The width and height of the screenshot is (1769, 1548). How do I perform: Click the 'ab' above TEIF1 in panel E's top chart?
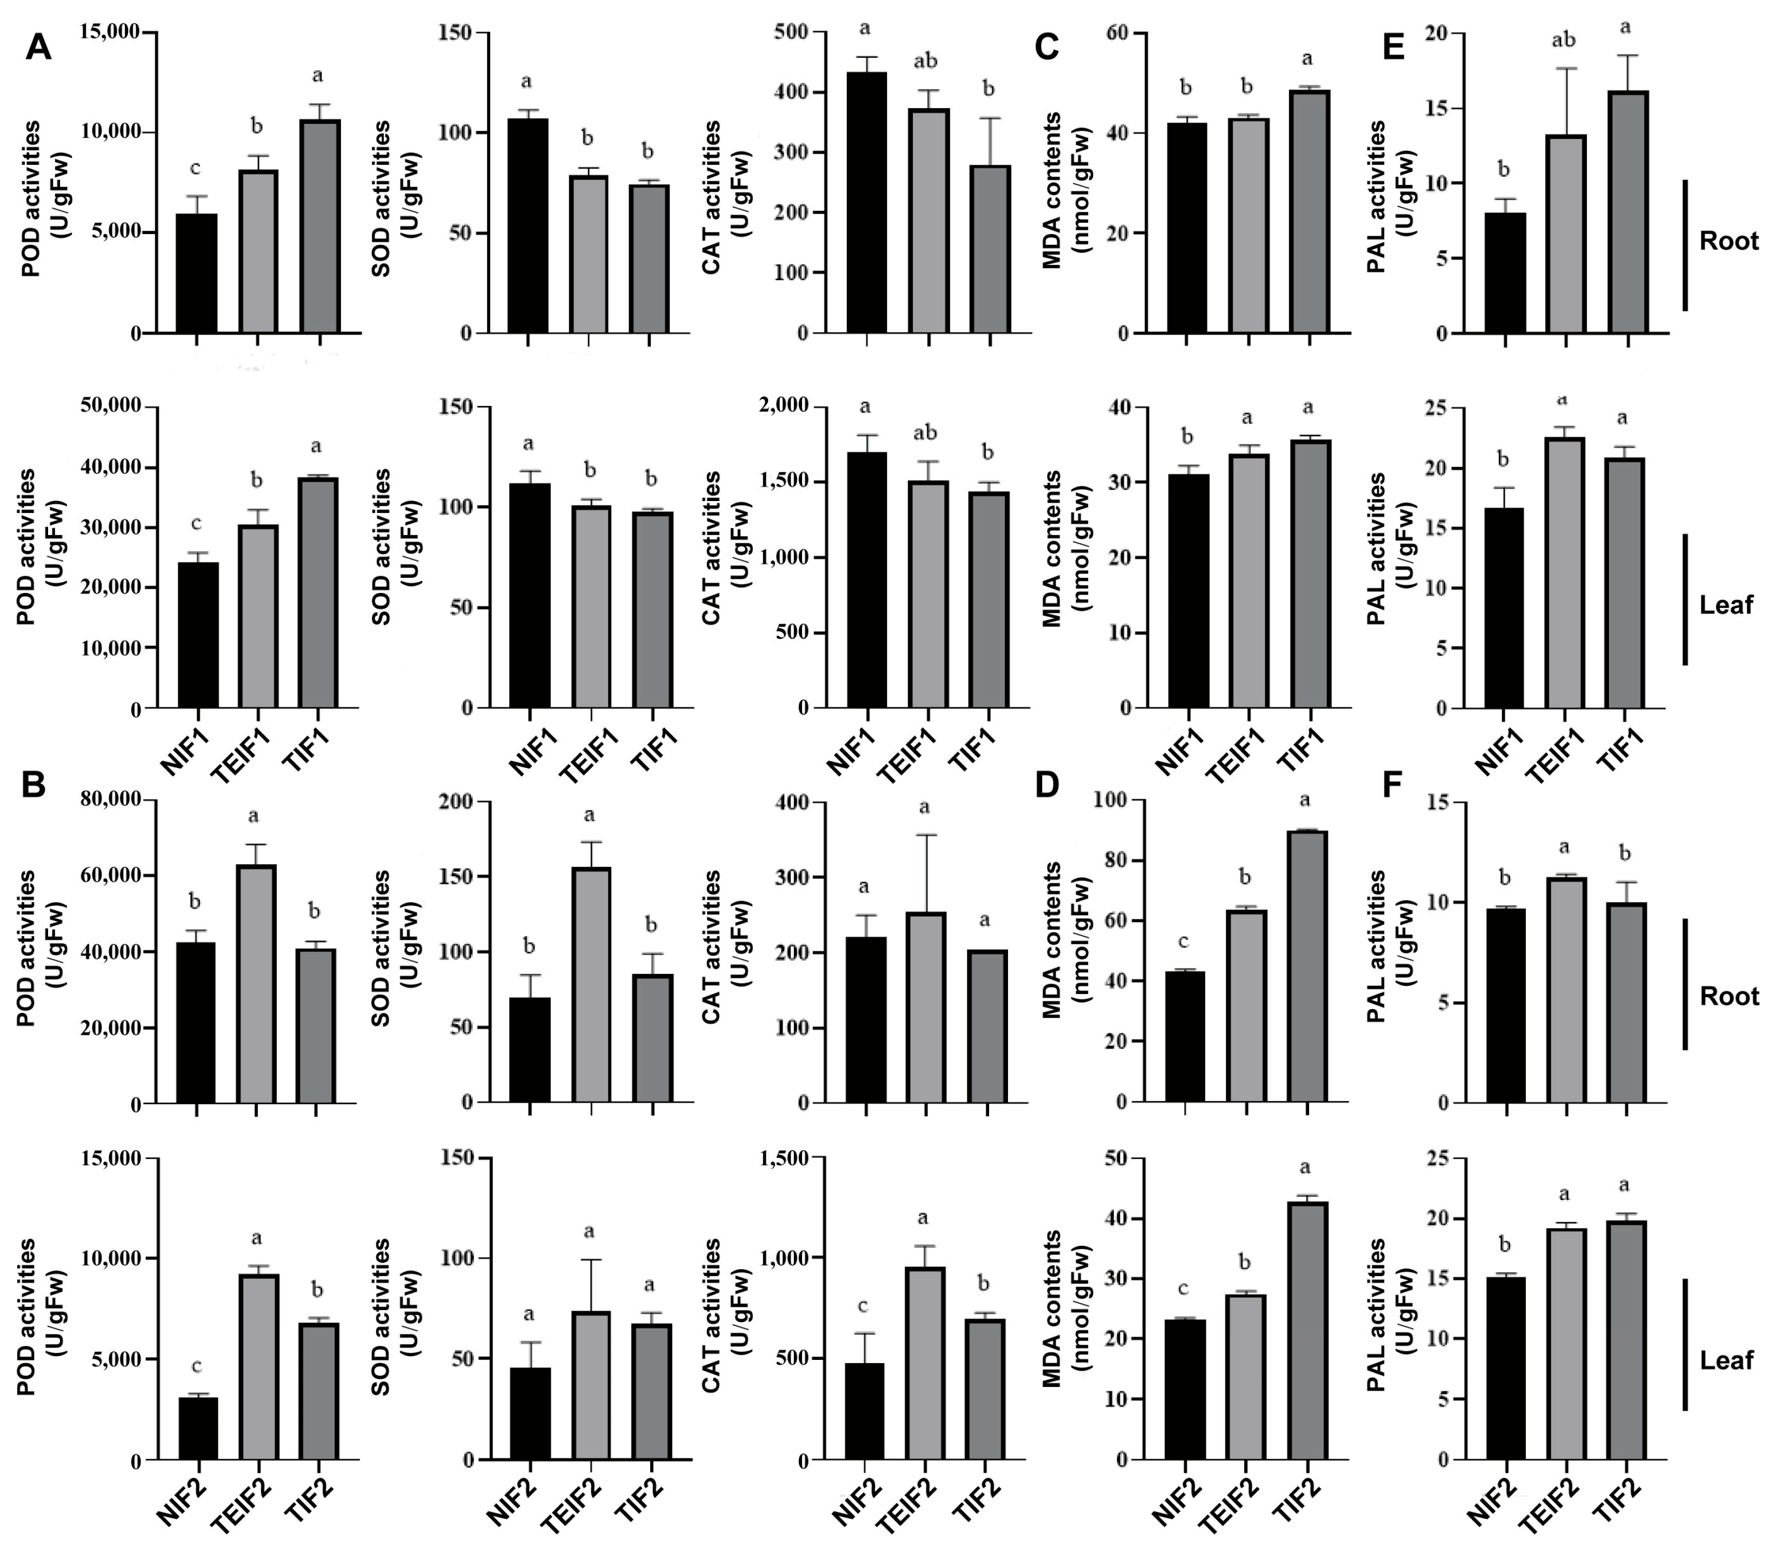tap(1564, 40)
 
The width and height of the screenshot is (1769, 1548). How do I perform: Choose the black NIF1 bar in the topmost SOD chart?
tap(528, 225)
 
